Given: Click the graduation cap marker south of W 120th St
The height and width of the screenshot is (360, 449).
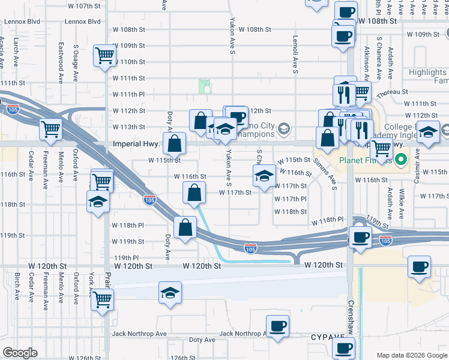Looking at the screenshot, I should coord(170,293).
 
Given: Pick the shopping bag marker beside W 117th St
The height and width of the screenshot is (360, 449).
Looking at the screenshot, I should coord(194,194).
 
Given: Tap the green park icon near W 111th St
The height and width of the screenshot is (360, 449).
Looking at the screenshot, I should coord(206,86).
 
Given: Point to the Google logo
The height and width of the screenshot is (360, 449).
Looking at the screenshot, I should coord(20,353).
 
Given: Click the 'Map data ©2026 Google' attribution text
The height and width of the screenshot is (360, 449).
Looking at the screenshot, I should coord(411,355).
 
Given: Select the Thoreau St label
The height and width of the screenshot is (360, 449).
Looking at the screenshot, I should coord(393,92).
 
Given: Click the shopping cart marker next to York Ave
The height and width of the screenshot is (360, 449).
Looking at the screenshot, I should coord(103,298).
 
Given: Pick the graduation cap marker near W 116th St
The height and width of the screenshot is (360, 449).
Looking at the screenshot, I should coord(264,175).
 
